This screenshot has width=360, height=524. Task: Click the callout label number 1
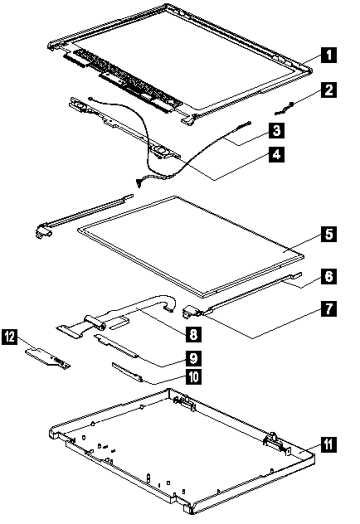click(x=328, y=55)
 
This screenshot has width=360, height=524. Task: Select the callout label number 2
click(x=328, y=90)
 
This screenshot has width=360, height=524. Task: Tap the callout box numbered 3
click(x=276, y=130)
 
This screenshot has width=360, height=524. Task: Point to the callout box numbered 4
click(x=276, y=154)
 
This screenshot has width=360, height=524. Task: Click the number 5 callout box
click(x=328, y=234)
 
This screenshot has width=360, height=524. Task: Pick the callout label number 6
click(x=328, y=276)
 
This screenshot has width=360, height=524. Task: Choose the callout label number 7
click(x=328, y=308)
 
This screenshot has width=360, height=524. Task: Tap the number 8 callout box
click(x=194, y=334)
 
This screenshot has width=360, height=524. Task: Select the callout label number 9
click(x=194, y=358)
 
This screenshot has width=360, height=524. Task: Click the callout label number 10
click(x=194, y=377)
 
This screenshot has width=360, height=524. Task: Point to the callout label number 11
click(x=328, y=444)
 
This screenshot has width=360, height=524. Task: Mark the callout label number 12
click(x=10, y=337)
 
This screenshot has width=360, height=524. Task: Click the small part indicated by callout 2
click(x=284, y=109)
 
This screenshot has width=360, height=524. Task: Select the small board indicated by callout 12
click(x=48, y=357)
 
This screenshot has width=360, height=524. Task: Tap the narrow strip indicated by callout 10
click(x=128, y=372)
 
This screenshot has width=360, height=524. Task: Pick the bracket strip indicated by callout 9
click(x=116, y=346)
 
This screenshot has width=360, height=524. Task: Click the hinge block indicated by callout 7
click(x=190, y=312)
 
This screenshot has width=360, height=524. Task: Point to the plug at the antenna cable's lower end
click(x=138, y=182)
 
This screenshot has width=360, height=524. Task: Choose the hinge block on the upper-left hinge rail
click(x=43, y=230)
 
